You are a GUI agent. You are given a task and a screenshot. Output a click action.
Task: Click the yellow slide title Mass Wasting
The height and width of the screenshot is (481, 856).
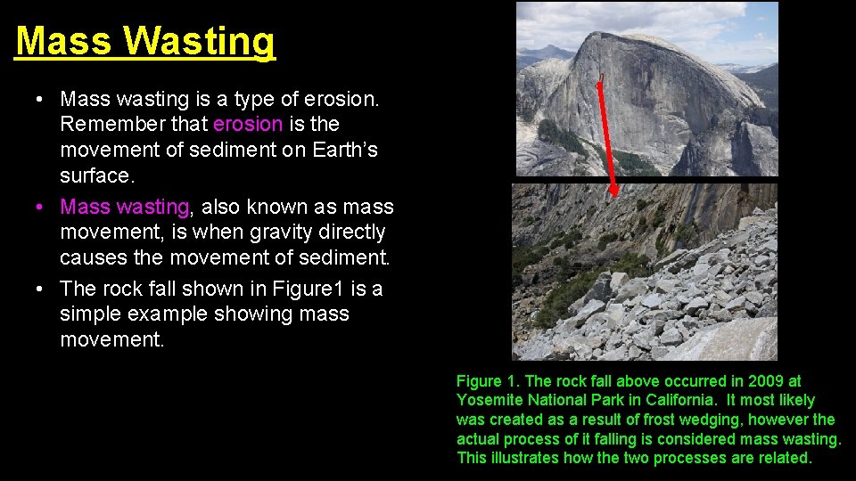click(145, 42)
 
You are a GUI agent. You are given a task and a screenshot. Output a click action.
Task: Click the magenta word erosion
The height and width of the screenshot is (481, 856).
click(248, 124)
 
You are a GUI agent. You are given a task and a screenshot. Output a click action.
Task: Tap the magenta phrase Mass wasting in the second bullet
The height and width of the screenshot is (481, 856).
click(124, 207)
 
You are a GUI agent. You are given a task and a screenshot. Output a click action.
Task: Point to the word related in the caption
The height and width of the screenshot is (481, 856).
click(784, 458)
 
